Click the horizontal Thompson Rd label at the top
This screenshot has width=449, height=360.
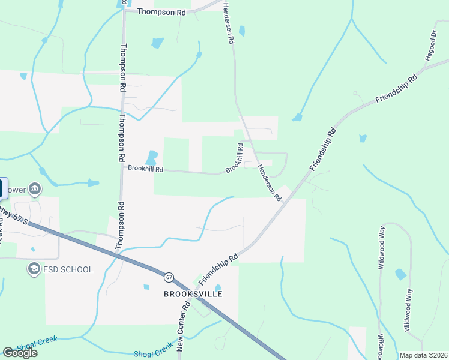(161, 11)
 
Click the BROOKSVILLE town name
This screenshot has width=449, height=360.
(193, 295)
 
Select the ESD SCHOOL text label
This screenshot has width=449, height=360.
(68, 269)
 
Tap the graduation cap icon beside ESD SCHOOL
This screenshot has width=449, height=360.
(34, 269)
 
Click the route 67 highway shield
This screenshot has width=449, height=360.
(169, 277)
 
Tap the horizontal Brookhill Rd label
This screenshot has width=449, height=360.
(146, 169)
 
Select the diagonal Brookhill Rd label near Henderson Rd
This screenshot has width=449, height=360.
(234, 158)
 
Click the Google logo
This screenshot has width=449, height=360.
(20, 352)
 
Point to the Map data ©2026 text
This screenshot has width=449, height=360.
(423, 355)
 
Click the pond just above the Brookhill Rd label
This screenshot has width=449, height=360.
(152, 158)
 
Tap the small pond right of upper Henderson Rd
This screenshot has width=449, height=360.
(242, 31)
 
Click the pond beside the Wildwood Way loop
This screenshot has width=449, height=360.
(400, 274)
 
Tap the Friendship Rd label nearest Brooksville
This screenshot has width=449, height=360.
(218, 268)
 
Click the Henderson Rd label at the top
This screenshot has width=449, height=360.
(228, 24)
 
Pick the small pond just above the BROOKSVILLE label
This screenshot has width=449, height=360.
(218, 289)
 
